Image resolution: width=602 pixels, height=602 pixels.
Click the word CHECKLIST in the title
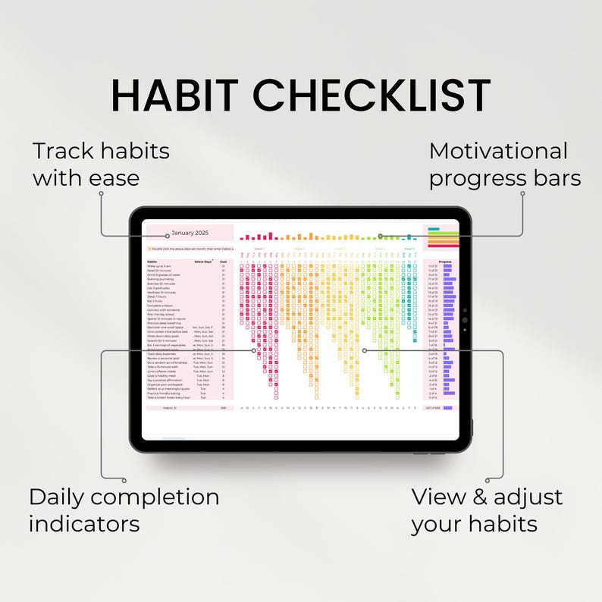click(372, 96)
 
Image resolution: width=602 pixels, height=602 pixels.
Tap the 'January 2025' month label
click(189, 233)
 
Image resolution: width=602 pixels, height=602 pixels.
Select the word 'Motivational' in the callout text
click(498, 151)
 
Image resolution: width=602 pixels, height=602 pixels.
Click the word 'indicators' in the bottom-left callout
click(84, 523)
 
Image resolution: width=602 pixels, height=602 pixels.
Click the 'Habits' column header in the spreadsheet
click(152, 262)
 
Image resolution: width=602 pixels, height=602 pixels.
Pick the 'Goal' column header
click(223, 262)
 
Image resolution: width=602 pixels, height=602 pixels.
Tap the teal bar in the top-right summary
click(434, 228)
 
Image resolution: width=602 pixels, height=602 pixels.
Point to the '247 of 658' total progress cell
click(434, 408)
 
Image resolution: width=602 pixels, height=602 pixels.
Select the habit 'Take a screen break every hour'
click(168, 397)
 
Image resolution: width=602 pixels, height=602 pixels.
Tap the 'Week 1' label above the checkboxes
click(259, 248)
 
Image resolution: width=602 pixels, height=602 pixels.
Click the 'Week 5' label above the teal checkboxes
click(409, 248)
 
